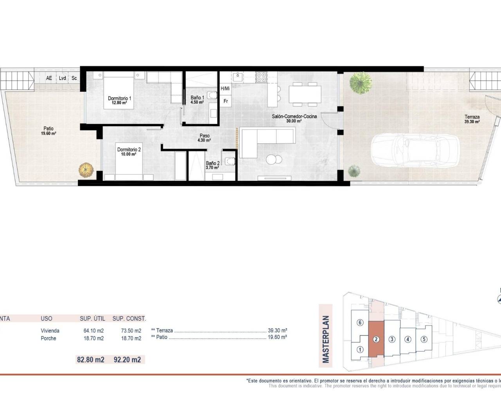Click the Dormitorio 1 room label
click(x=119, y=100)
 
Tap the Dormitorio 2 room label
click(x=129, y=152)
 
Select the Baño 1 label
click(x=197, y=100)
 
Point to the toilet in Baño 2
click(x=231, y=161)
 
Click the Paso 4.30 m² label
click(x=204, y=138)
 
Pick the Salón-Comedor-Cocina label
click(x=294, y=118)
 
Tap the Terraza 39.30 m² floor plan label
click(x=472, y=119)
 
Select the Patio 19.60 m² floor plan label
click(x=49, y=131)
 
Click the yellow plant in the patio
click(x=86, y=170)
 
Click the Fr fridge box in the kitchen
click(x=226, y=101)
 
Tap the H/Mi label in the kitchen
click(x=225, y=89)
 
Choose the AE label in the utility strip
click(x=49, y=78)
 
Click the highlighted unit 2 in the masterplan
click(x=376, y=339)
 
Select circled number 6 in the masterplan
click(x=360, y=323)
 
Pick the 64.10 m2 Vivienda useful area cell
click(x=94, y=330)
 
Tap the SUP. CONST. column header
click(x=129, y=319)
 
